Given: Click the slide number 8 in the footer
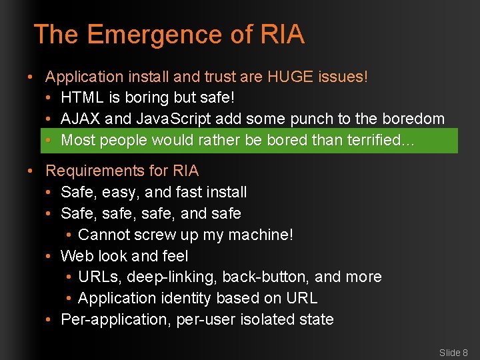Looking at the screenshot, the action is (465, 353).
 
